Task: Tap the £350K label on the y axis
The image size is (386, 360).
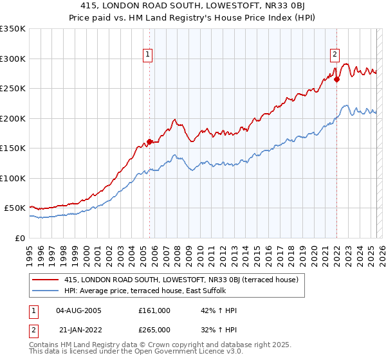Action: [13, 29]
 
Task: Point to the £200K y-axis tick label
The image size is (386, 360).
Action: [13, 118]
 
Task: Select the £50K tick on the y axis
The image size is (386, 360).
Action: [15, 208]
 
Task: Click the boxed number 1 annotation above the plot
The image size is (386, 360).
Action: [149, 55]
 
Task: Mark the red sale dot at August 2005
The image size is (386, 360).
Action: [149, 141]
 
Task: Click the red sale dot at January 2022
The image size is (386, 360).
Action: [336, 80]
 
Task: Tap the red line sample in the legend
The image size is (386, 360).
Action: [46, 280]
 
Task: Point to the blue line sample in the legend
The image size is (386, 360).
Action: [46, 291]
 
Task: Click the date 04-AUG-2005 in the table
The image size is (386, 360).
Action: [79, 310]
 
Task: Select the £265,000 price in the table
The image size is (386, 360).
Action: [154, 329]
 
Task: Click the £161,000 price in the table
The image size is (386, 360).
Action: [154, 310]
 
